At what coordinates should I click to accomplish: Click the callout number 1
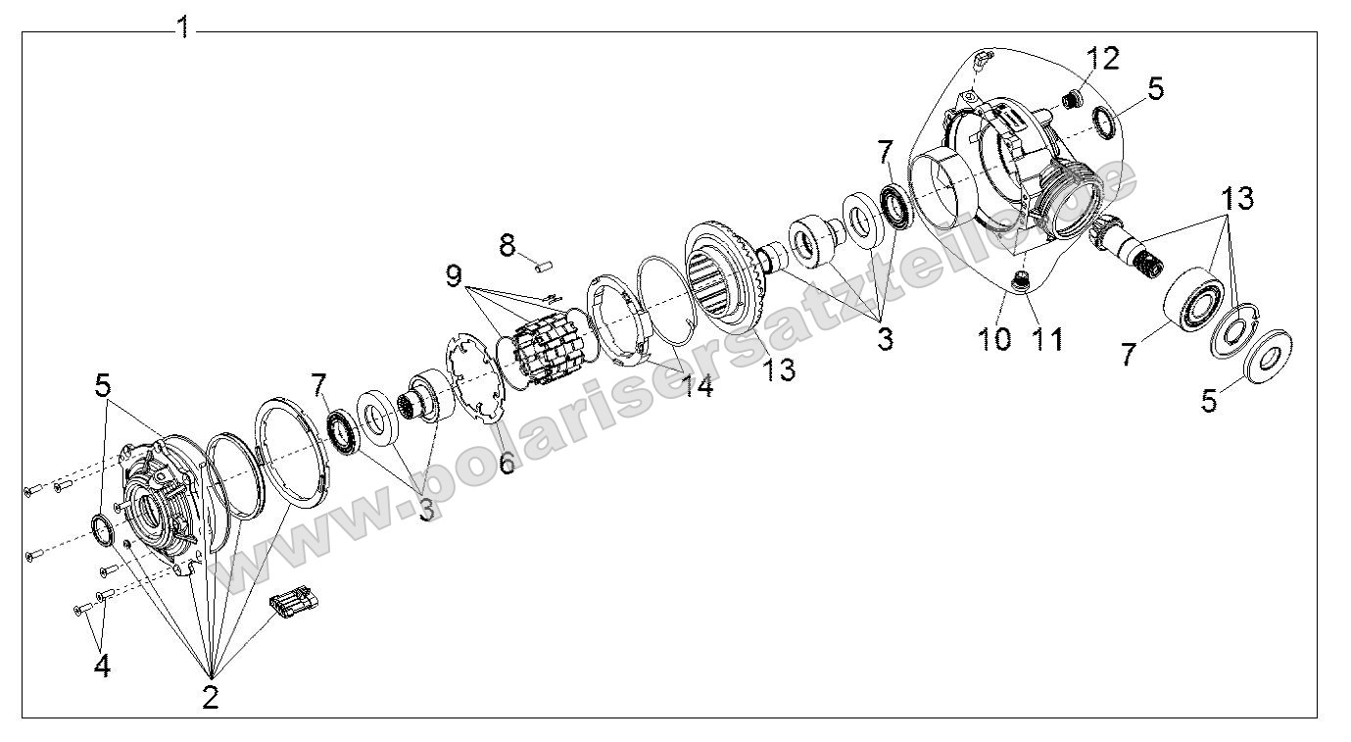183,26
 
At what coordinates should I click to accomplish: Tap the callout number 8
507,245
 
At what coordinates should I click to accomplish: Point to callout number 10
995,338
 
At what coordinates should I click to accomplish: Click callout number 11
1045,338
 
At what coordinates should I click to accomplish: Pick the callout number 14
698,385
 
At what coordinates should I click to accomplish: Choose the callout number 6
507,462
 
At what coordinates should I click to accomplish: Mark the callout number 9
454,276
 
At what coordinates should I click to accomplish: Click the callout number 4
102,666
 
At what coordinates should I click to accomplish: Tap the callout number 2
211,697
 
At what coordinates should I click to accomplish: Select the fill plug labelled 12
1071,98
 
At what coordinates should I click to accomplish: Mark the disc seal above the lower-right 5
1272,350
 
